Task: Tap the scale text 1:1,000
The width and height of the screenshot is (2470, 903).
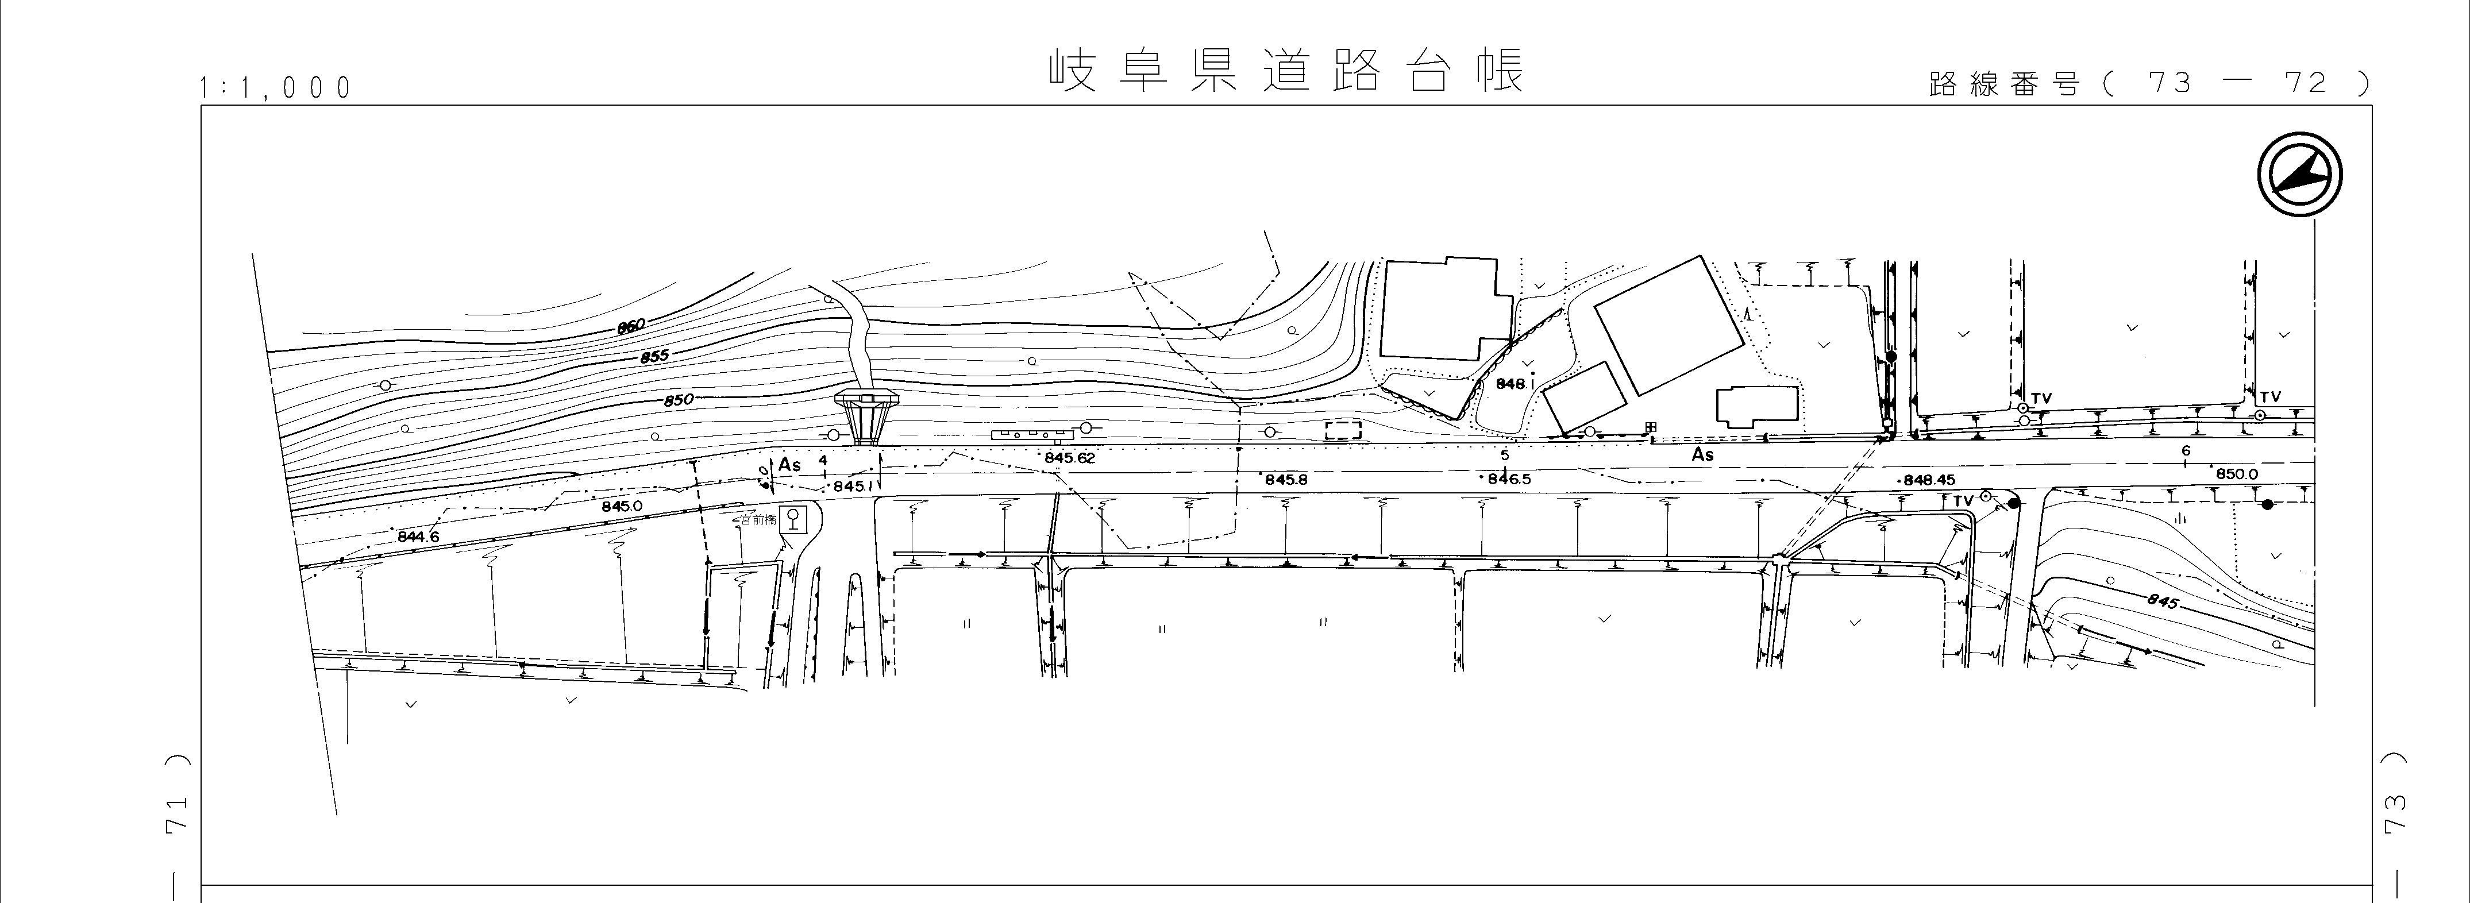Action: (276, 88)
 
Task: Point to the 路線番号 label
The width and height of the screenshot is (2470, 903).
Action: (2004, 84)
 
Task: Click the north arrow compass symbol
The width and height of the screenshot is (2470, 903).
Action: (2299, 175)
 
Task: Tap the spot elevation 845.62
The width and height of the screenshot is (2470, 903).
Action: (1069, 458)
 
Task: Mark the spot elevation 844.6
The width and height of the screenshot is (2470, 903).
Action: (418, 537)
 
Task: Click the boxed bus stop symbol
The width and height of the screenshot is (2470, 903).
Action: (792, 519)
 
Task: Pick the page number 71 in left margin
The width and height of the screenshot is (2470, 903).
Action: (176, 815)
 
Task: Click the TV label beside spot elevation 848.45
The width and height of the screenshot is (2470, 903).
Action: (1963, 500)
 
